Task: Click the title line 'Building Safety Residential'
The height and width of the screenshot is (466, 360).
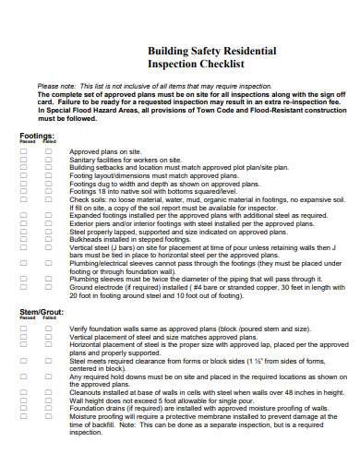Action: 211,52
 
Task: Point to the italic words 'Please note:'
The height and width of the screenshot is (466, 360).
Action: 56,86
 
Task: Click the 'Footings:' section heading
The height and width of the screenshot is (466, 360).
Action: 38,135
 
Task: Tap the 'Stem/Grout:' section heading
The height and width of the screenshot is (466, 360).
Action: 42,313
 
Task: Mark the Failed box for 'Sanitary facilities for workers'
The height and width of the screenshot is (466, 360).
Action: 48,160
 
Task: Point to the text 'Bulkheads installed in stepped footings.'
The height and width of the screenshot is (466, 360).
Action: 129,213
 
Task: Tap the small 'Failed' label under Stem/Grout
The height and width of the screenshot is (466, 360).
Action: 48,319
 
